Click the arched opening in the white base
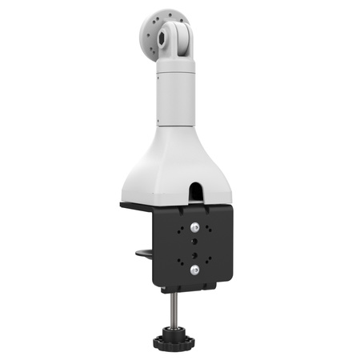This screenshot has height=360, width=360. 195,190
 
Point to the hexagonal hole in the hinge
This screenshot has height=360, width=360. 170,35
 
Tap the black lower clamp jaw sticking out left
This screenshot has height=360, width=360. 145,255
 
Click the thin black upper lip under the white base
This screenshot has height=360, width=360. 136,206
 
